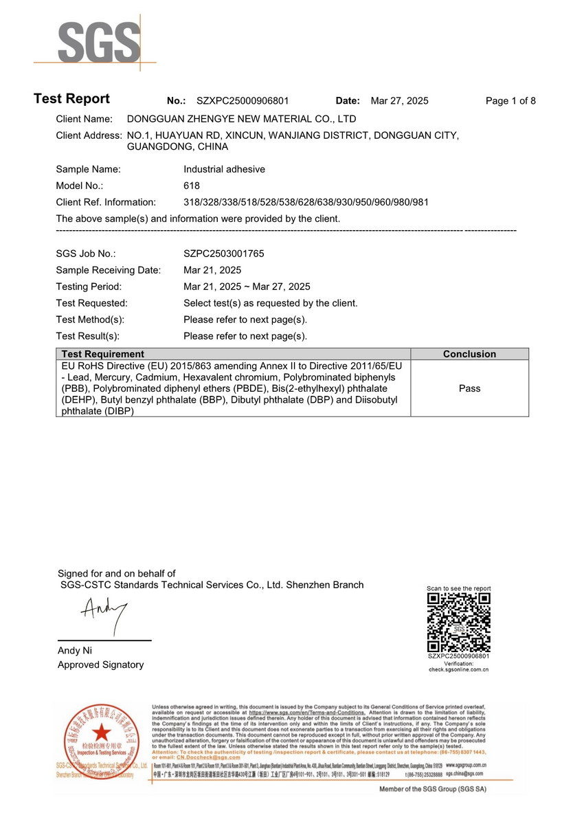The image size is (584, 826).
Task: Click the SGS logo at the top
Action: tap(99, 43)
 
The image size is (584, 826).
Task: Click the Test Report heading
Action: tap(71, 99)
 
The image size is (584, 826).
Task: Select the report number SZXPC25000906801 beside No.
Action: tap(243, 101)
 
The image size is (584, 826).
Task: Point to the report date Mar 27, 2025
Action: tap(399, 101)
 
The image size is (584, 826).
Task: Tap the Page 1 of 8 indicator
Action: tap(510, 101)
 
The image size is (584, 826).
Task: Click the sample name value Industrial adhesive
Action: tap(224, 169)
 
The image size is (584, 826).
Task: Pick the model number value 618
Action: tap(192, 186)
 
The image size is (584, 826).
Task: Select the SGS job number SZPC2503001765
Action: tap(223, 254)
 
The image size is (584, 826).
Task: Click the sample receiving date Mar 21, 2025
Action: tap(212, 270)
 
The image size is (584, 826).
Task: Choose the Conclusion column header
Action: tap(469, 354)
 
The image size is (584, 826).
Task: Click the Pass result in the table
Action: tap(469, 388)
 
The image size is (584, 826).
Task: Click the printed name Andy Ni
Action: tap(75, 651)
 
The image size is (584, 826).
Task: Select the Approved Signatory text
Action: tap(100, 665)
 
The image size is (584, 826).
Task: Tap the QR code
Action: tap(458, 623)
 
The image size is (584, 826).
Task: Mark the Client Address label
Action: tap(89, 135)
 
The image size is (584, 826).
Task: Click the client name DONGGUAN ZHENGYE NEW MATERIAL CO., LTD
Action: tap(242, 119)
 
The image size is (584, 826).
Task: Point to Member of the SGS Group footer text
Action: tap(433, 789)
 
